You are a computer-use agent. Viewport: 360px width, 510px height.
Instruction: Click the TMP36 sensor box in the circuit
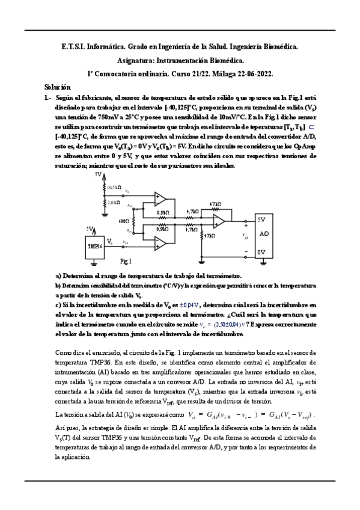click(x=94, y=246)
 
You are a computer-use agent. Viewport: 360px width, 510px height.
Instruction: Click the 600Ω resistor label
click(x=125, y=221)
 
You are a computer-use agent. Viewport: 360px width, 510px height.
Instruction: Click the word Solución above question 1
click(x=58, y=87)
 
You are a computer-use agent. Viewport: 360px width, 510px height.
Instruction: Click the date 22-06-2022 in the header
click(x=255, y=74)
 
